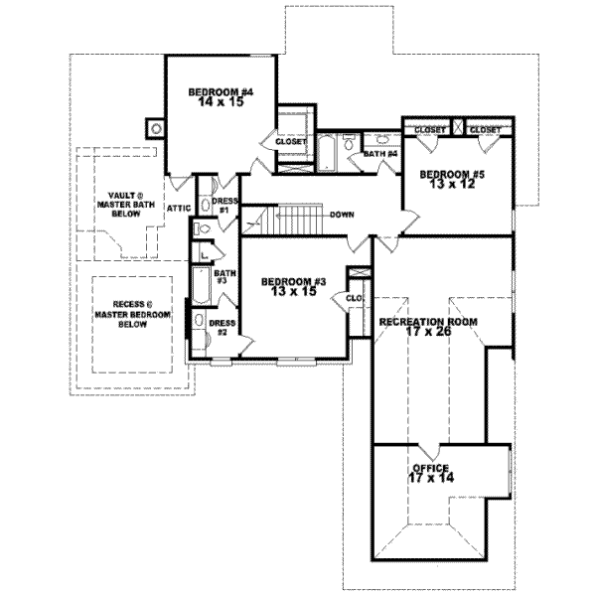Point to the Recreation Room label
(x=428, y=322)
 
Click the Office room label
(x=430, y=468)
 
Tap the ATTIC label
(x=179, y=208)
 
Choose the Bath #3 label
(x=224, y=277)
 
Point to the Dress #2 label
(x=222, y=327)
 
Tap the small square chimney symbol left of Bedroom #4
(x=154, y=127)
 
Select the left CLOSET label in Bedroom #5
(x=429, y=130)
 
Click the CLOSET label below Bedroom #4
(x=291, y=142)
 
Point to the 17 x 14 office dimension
(x=430, y=478)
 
